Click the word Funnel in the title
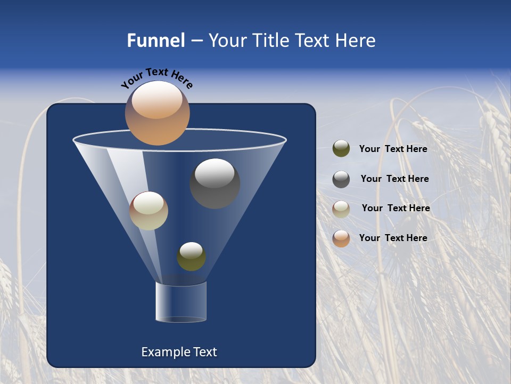point(155,41)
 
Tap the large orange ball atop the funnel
point(157,113)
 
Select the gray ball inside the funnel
point(215,184)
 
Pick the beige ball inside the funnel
point(149,211)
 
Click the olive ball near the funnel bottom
point(191,257)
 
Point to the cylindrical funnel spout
point(180,302)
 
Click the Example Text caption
point(179,352)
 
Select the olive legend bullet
point(341,149)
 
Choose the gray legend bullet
point(341,179)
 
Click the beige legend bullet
point(341,209)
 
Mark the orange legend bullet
point(341,238)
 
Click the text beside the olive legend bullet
point(393,149)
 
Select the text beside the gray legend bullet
point(394,179)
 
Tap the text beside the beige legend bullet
point(395,208)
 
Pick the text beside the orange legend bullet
point(393,238)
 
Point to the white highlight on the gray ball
point(215,173)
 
